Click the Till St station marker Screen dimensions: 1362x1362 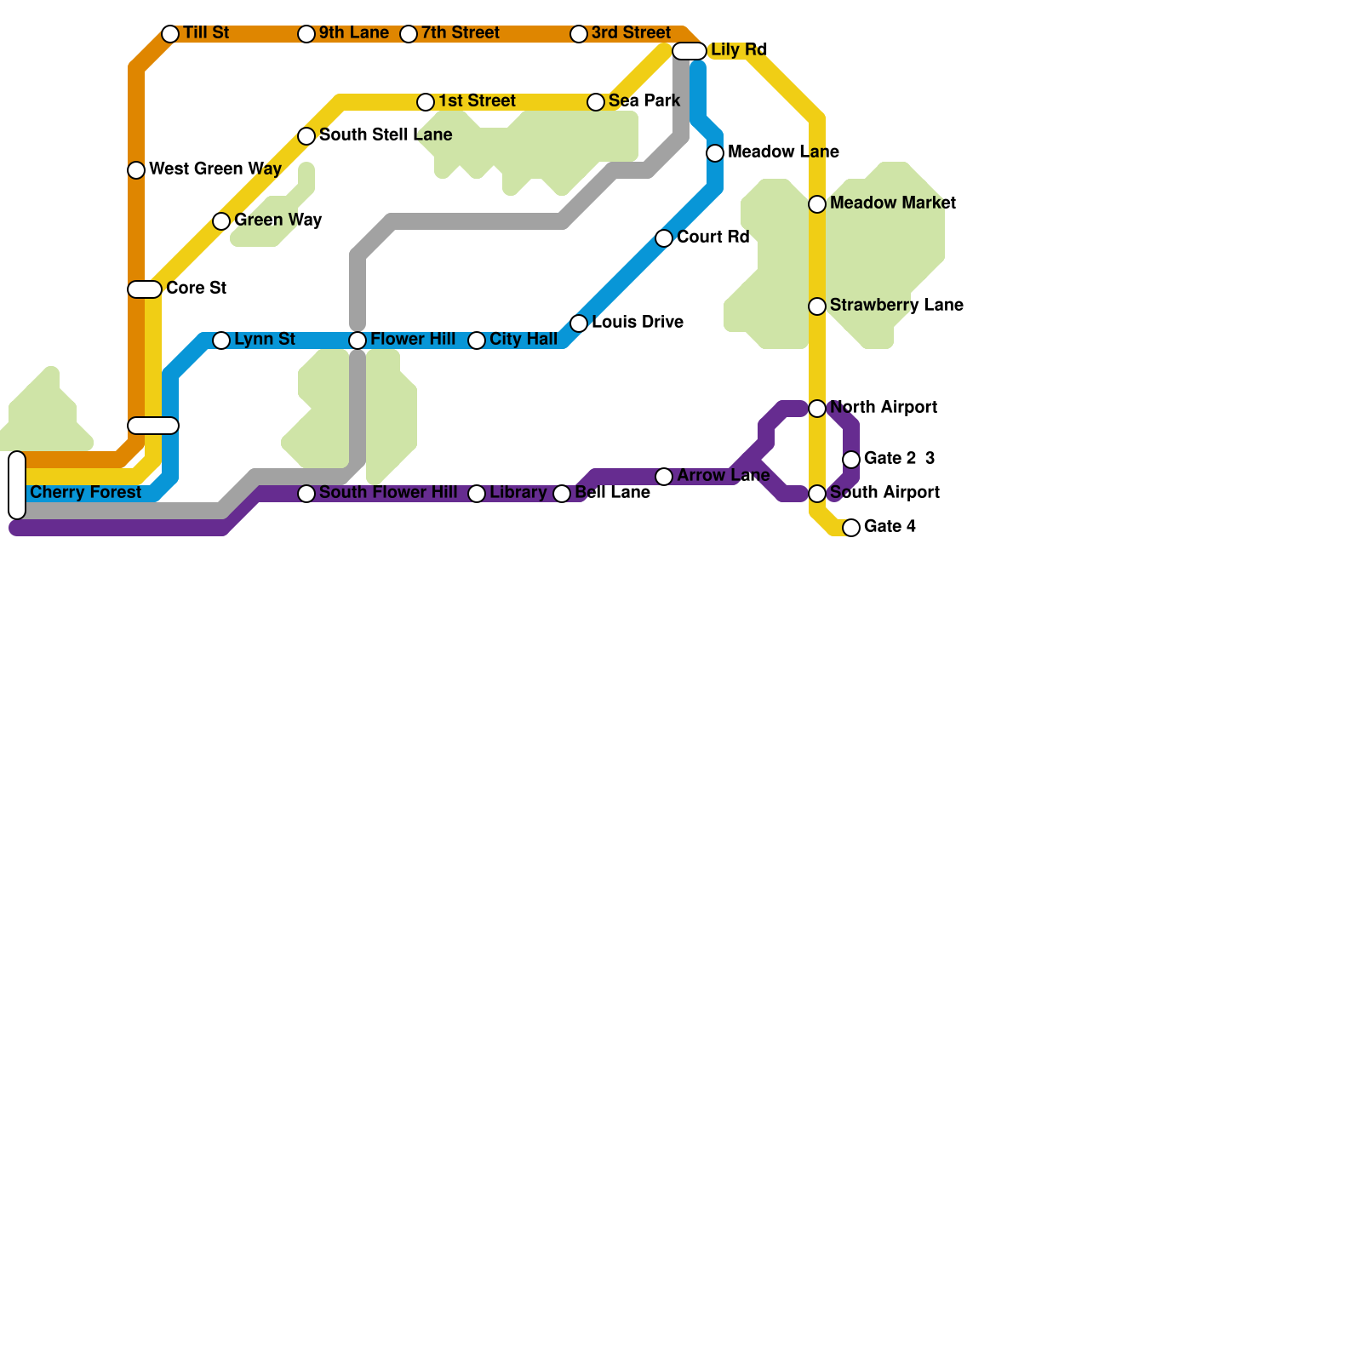coord(170,34)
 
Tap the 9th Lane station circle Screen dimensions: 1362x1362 coord(306,34)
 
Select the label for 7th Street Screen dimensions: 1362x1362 coord(460,33)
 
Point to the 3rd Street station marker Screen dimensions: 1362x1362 coord(579,34)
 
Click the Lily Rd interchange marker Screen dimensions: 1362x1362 coord(690,51)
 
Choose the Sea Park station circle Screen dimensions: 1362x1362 coord(596,102)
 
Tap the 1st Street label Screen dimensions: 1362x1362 coord(477,101)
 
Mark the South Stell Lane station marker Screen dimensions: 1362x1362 coord(306,136)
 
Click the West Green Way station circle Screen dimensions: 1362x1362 coord(136,170)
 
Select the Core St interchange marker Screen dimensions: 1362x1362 coord(145,289)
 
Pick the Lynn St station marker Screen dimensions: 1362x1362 coord(221,340)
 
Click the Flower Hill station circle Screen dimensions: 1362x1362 coord(358,340)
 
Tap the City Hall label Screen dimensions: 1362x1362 coord(523,340)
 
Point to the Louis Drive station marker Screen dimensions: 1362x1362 coord(579,323)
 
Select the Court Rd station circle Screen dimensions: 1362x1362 coord(664,238)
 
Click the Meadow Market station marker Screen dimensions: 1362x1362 coord(817,204)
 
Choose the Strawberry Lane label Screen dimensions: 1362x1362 coord(896,306)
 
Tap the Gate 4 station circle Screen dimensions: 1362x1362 coord(851,528)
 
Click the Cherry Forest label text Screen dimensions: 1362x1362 coord(85,493)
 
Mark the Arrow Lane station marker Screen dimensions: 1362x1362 coord(664,477)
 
